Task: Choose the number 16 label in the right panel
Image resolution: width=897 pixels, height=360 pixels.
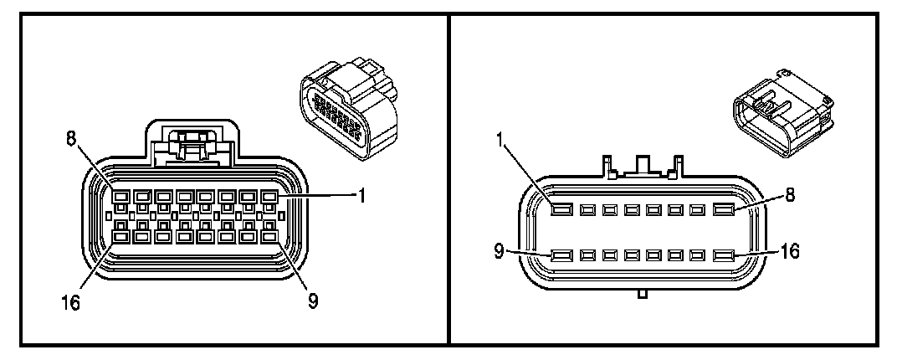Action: (789, 249)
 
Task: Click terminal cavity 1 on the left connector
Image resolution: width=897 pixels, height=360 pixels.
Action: (269, 196)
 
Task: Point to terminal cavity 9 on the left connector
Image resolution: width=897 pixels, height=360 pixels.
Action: (269, 238)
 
